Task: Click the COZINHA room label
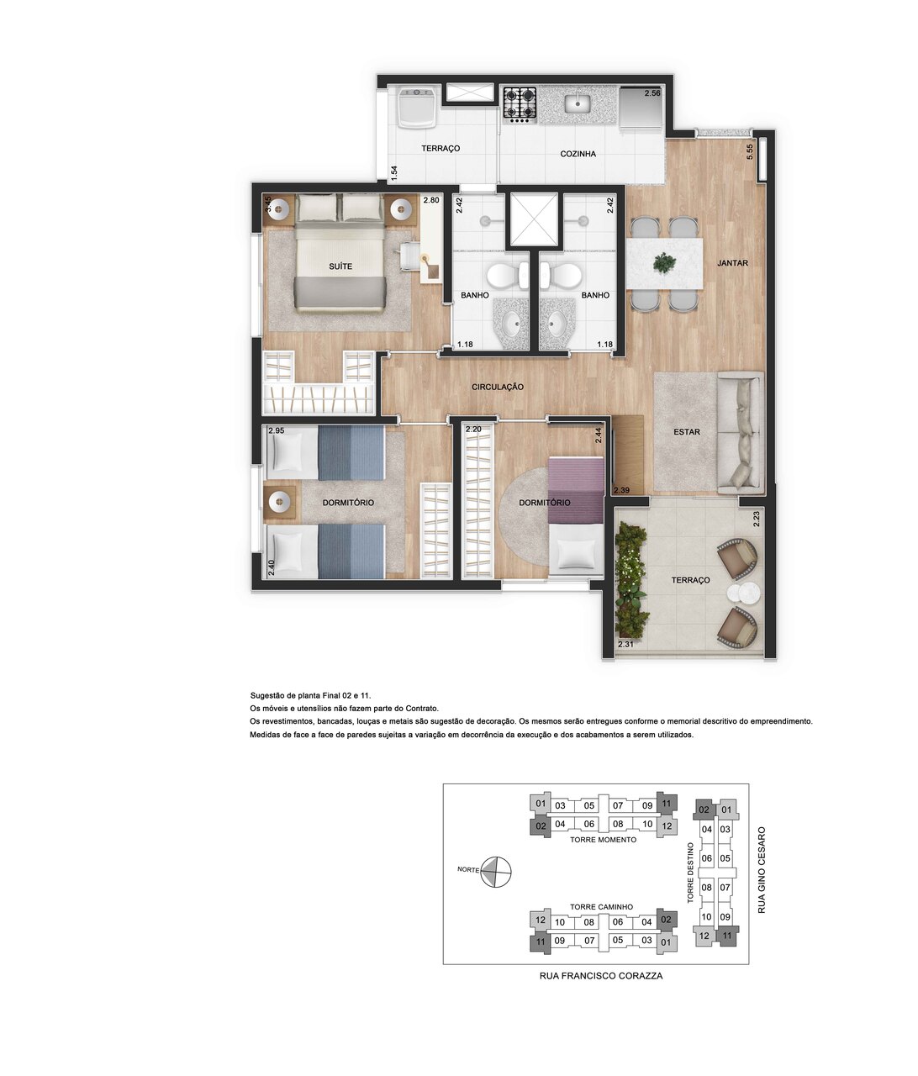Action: (578, 154)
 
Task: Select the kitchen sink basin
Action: (578, 103)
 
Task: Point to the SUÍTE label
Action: (340, 266)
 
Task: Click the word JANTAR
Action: (732, 263)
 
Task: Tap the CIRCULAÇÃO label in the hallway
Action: (498, 387)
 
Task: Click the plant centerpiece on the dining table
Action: (664, 263)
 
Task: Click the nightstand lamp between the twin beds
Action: (277, 503)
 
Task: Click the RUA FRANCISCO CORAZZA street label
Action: (600, 976)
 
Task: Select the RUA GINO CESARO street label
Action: (762, 869)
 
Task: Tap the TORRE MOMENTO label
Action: (603, 840)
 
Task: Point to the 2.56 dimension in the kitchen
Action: (652, 93)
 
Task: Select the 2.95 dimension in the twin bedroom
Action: (277, 430)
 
